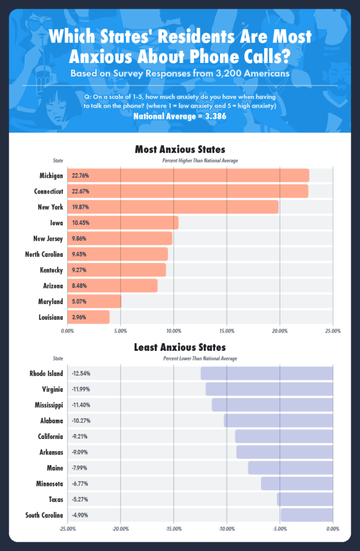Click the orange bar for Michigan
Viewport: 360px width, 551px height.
188,175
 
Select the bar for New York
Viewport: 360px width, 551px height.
173,207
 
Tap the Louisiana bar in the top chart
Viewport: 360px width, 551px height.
88,317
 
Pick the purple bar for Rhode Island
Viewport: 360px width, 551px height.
267,373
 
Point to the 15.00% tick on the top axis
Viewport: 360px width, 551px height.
227,331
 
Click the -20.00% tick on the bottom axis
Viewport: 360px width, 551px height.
121,529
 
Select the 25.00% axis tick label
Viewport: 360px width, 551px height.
333,331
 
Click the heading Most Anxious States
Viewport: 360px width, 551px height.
180,149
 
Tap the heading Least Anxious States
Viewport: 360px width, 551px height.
180,347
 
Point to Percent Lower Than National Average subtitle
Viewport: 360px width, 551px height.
200,358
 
